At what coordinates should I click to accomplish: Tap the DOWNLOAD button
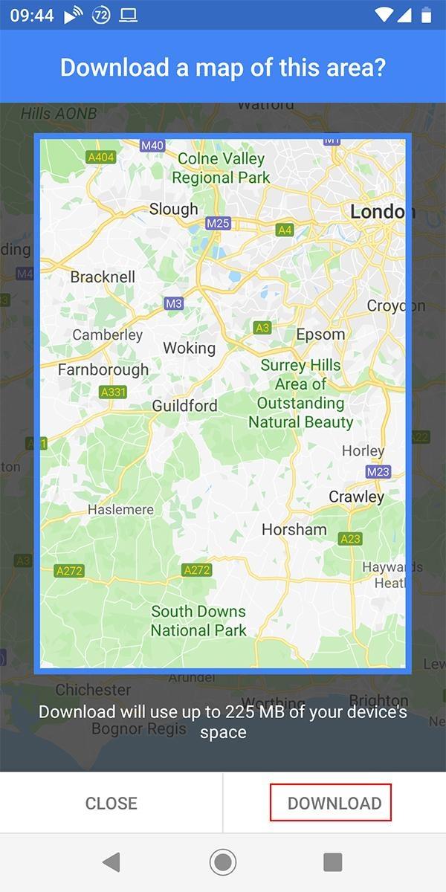(334, 803)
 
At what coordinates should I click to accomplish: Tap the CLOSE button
(111, 803)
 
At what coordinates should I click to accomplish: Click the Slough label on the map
(174, 209)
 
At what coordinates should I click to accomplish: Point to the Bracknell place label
(103, 277)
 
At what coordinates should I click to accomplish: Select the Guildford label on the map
(184, 406)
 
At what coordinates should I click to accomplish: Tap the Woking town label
(189, 348)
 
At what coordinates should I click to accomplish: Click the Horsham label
(294, 529)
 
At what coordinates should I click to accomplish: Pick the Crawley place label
(357, 497)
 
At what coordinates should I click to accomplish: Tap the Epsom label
(320, 334)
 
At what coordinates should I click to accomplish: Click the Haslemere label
(120, 510)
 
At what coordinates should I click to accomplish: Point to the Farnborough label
(103, 369)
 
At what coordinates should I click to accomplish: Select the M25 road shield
(219, 223)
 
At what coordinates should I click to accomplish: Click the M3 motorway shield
(173, 303)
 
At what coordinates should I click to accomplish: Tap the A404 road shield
(101, 158)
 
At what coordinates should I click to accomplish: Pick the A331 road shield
(113, 392)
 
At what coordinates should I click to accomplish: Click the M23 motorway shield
(378, 471)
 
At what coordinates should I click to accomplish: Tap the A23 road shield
(350, 539)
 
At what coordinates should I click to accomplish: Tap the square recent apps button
(332, 862)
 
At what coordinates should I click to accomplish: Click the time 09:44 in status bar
(32, 15)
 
